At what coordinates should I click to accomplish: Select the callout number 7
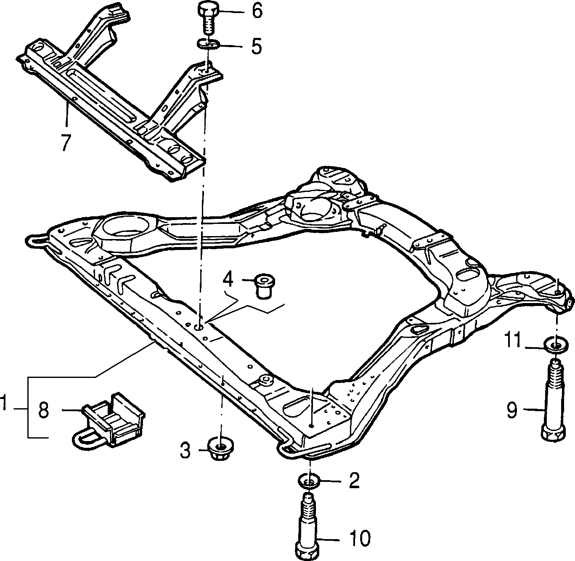66,142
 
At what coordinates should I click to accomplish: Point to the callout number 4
228,279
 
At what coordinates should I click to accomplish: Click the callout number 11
513,341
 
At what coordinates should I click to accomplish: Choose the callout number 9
512,411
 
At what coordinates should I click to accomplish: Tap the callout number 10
360,538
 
